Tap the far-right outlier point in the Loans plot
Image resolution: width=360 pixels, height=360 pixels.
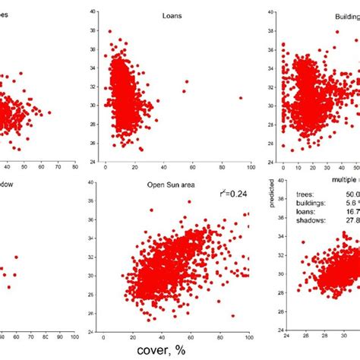coord(241,97)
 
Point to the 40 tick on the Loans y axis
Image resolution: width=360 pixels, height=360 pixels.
coord(91,12)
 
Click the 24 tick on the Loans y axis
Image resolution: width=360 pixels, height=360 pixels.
coord(91,162)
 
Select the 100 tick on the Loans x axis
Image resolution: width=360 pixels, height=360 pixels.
coord(248,168)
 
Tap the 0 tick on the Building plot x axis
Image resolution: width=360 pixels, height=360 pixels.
coord(283,168)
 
